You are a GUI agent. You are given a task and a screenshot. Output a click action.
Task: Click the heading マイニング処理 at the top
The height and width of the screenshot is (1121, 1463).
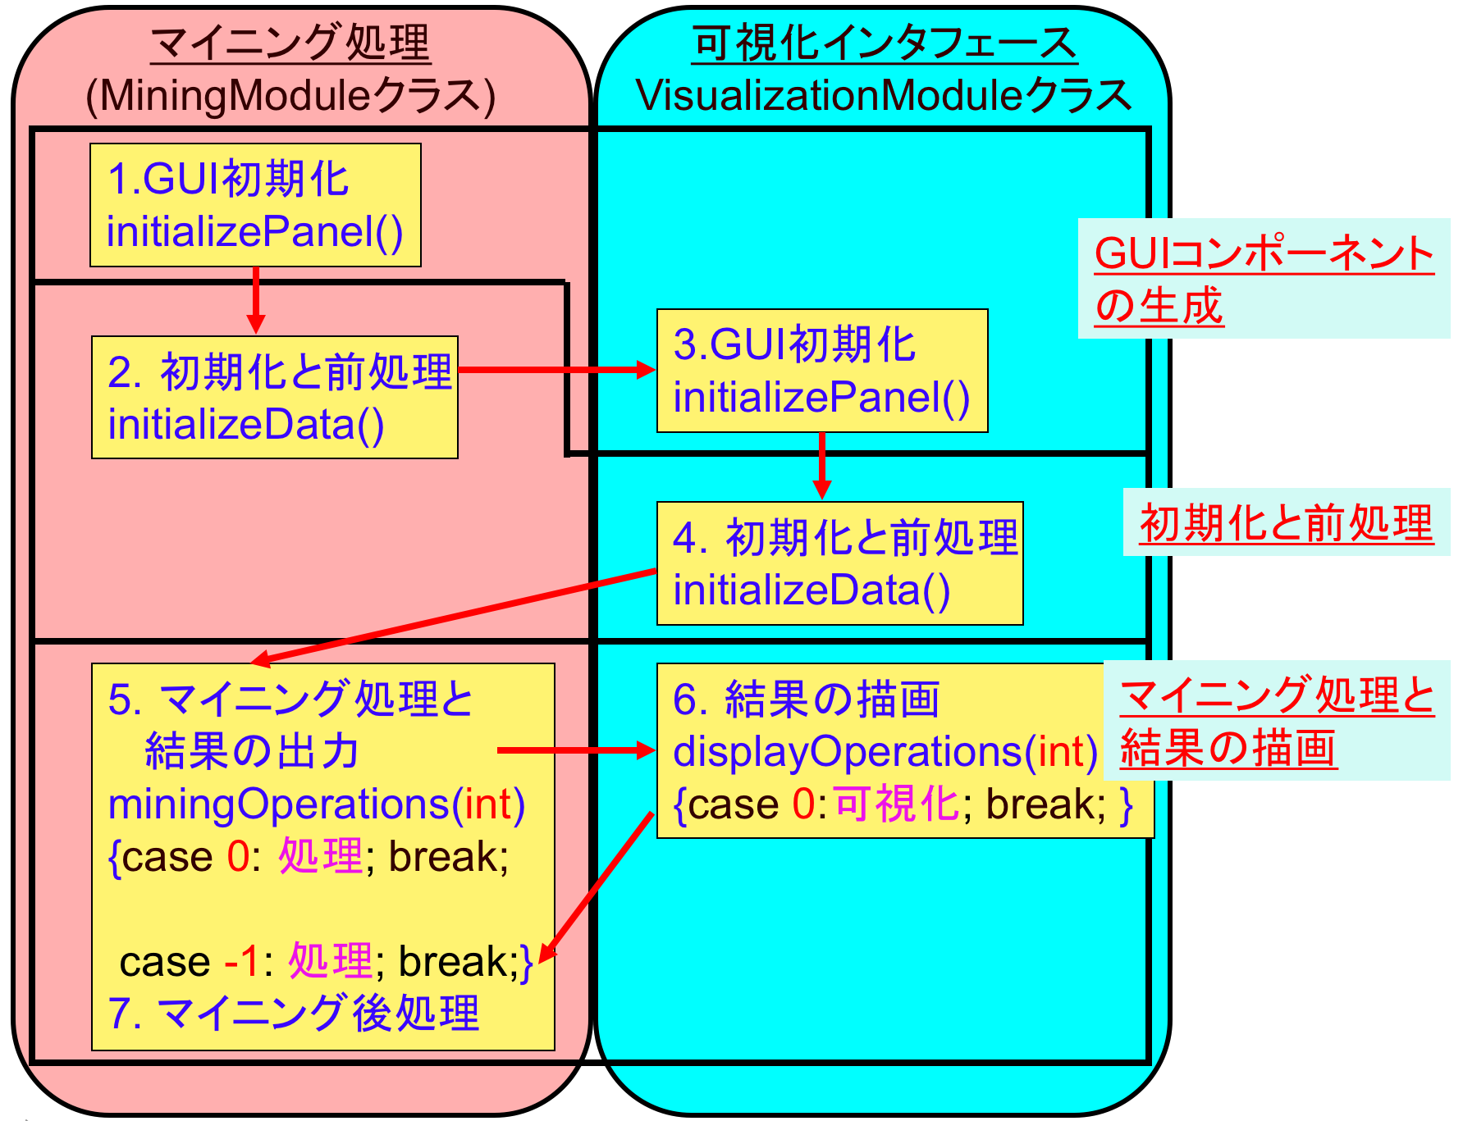290,43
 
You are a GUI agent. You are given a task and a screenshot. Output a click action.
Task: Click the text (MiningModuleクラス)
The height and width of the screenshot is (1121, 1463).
290,96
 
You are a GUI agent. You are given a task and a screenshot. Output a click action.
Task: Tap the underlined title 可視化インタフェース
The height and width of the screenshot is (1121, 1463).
884,43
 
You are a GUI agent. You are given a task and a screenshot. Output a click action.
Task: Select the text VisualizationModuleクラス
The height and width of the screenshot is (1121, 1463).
884,96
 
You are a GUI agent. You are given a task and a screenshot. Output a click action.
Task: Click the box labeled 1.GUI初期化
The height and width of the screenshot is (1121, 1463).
255,205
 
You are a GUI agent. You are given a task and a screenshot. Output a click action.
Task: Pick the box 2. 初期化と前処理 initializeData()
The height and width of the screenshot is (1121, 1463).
274,397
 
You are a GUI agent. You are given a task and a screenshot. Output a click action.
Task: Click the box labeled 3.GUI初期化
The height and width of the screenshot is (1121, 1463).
821,371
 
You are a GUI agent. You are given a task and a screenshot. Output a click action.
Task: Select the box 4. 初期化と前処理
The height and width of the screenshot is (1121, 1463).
839,563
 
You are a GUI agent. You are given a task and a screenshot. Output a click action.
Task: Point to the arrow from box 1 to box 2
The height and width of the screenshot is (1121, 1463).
256,299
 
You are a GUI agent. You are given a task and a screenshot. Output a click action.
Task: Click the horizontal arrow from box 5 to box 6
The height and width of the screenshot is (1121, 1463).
574,750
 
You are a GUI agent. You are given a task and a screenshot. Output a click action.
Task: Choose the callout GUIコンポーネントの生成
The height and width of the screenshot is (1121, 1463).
1263,279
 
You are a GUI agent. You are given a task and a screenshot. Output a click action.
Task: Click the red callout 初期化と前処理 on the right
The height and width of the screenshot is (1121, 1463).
1286,523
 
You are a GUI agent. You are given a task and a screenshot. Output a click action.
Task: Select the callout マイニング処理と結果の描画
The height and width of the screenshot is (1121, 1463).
1276,721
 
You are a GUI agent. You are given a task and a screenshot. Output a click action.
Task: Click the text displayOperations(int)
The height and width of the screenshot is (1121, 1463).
885,751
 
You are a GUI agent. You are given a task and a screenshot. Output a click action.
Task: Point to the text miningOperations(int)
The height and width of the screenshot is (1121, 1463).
316,804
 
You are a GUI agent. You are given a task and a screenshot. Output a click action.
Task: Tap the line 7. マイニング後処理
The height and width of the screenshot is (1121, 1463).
293,1013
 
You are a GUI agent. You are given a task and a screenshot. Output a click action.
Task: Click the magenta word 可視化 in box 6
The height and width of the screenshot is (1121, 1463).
896,804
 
